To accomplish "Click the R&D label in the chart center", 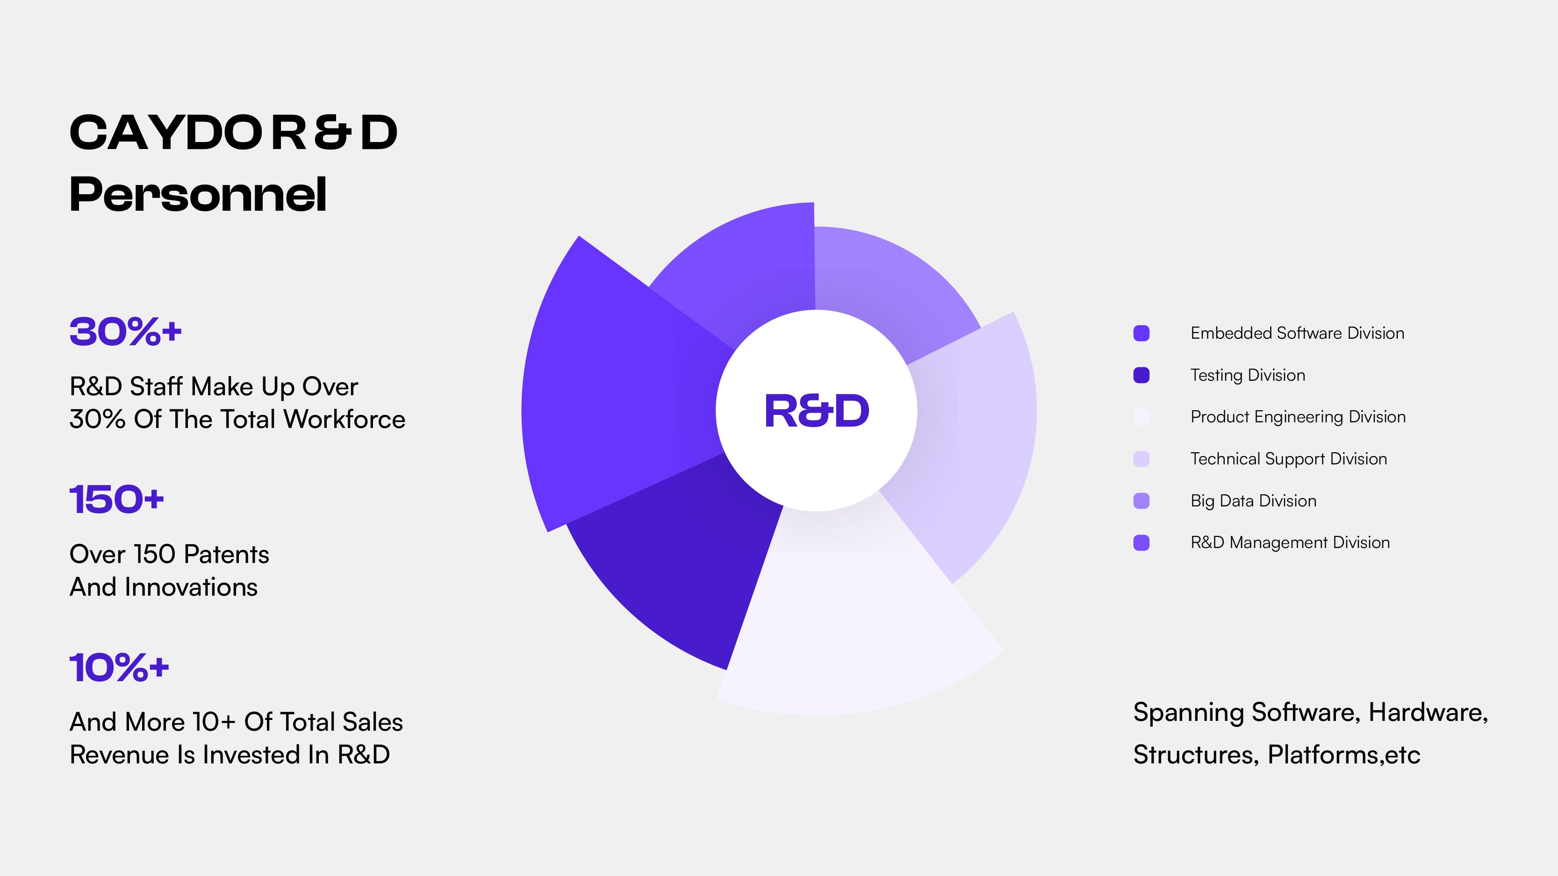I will click(x=817, y=411).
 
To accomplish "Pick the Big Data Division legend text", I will click(x=1253, y=501).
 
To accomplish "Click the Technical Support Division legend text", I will click(x=1288, y=459).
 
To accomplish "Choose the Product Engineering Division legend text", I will click(x=1297, y=417).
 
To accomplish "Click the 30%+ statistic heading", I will click(x=125, y=332).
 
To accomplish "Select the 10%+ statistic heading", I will click(x=119, y=668).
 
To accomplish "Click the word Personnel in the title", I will click(x=198, y=195).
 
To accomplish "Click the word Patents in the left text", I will click(x=226, y=555).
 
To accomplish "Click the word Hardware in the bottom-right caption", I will click(x=1428, y=713).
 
